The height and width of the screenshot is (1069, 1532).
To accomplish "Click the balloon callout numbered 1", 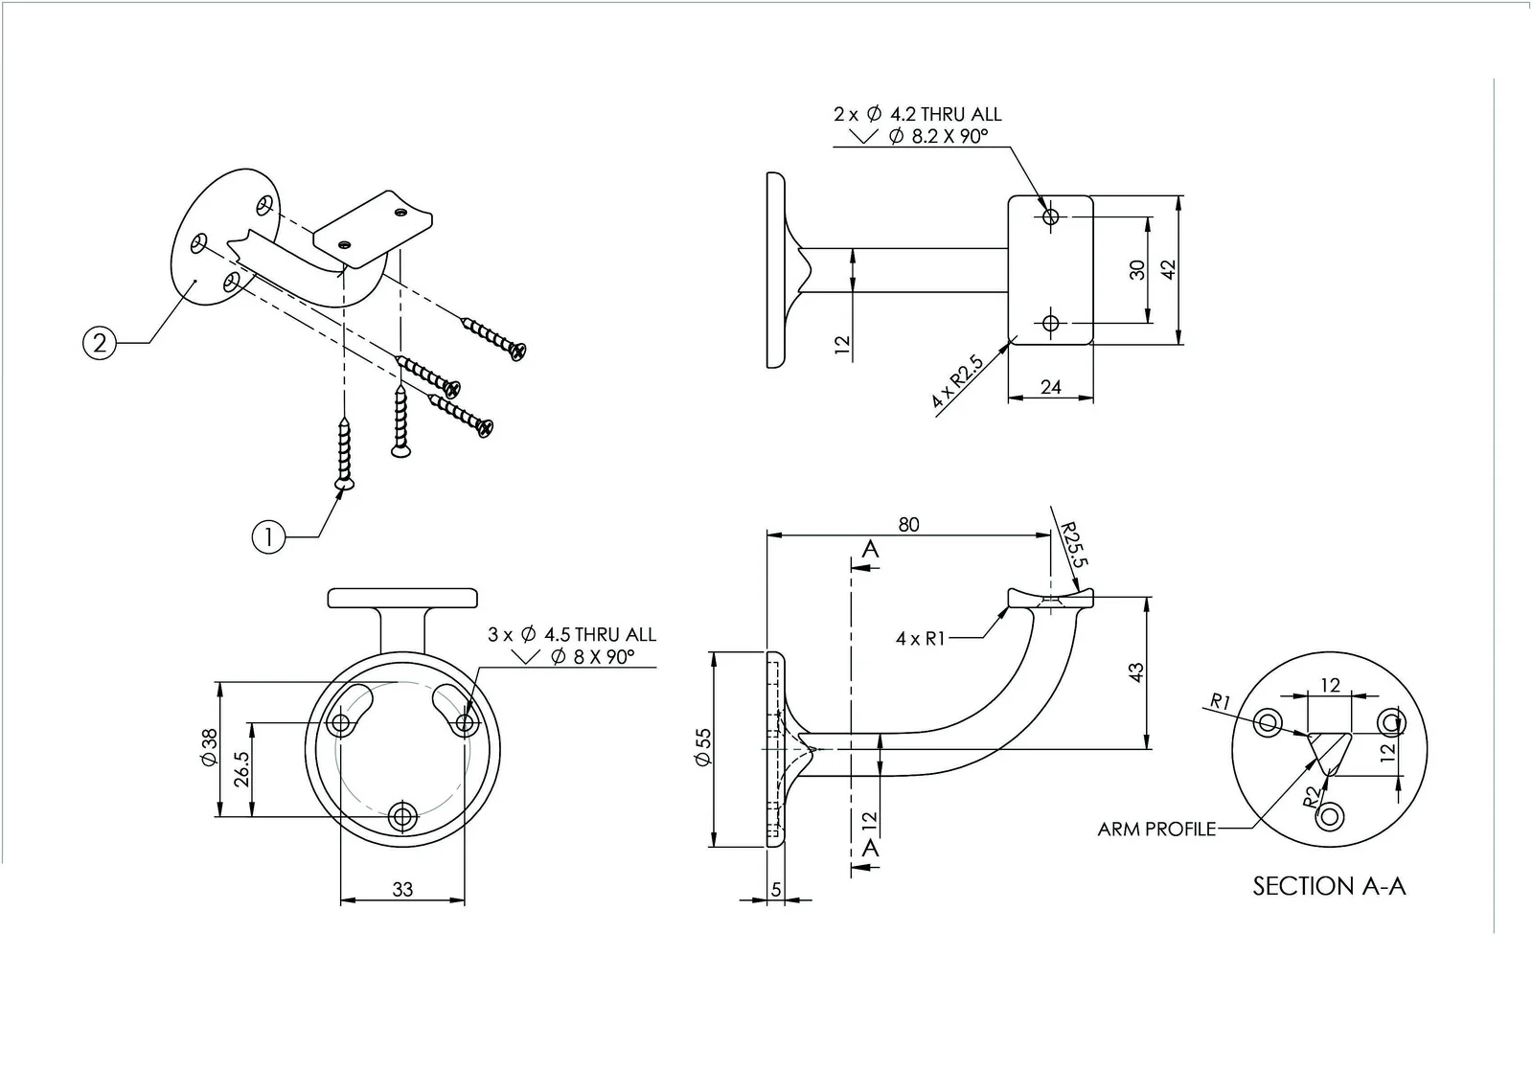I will tap(268, 537).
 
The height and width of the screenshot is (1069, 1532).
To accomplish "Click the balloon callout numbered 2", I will tap(100, 342).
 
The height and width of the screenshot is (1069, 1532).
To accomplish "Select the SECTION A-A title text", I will tap(1329, 886).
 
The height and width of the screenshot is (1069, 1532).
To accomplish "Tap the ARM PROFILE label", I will tap(1156, 829).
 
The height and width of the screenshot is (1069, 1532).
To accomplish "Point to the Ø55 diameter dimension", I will tap(703, 747).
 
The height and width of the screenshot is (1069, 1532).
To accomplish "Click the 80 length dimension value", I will tap(908, 525).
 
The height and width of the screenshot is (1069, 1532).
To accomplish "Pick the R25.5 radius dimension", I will tap(1072, 544).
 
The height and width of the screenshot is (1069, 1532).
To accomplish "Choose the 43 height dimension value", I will tap(1136, 672).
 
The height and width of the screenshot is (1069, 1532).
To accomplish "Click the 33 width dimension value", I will tap(402, 890).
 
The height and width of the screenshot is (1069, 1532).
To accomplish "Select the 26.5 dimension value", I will tap(241, 769).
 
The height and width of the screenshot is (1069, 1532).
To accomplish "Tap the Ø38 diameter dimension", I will tap(209, 746).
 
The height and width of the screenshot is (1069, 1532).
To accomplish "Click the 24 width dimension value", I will tap(1050, 387).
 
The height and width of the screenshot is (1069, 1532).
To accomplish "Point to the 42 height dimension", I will tap(1168, 270).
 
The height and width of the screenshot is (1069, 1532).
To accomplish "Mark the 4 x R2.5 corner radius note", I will tap(957, 382).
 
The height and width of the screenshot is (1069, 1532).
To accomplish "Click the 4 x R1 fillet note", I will tap(920, 638).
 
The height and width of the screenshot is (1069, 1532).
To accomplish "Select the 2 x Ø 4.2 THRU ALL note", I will tap(917, 114).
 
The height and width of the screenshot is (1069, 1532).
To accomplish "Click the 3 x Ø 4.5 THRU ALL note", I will tap(572, 634).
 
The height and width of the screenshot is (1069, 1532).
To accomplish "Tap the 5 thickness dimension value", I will tap(776, 890).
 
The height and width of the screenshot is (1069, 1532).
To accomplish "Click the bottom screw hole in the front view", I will tap(402, 817).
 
